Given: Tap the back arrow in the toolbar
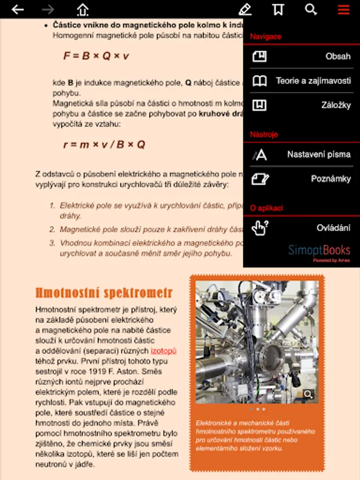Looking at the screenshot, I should [18, 10].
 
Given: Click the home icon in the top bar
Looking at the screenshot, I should [83, 10].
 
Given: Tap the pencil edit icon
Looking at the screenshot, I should [245, 10].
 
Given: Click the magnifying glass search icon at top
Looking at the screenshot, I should [310, 10].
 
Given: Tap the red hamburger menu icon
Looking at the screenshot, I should [343, 10].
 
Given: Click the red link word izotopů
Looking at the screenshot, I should [163, 350].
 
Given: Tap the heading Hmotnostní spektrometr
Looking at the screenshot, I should [104, 293].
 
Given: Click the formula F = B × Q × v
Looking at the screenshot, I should [96, 56].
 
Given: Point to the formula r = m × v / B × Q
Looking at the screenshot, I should [104, 145].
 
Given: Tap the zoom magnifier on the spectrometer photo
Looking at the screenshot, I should [308, 394].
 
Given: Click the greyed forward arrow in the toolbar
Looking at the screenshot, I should [48, 10].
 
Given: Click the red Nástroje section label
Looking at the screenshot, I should [264, 134].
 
